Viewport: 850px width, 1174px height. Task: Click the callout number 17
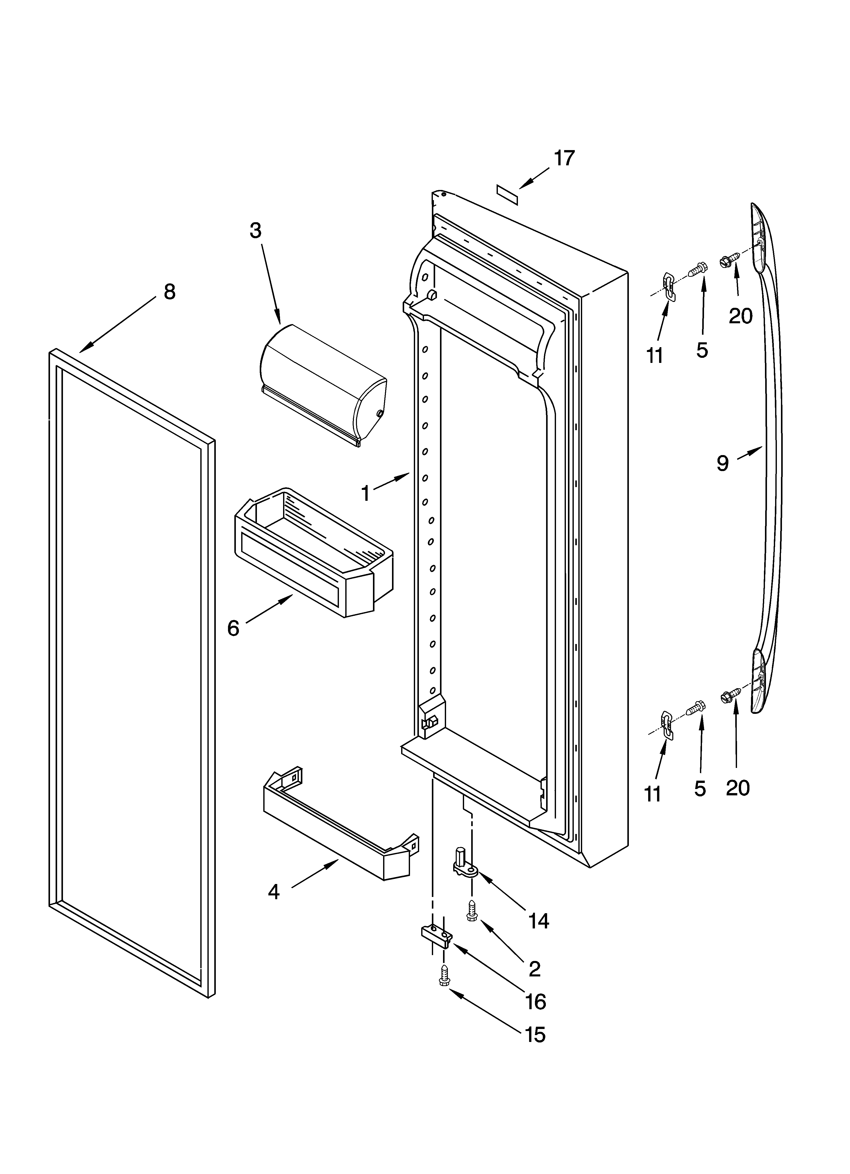(564, 158)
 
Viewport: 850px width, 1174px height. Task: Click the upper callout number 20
(740, 316)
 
